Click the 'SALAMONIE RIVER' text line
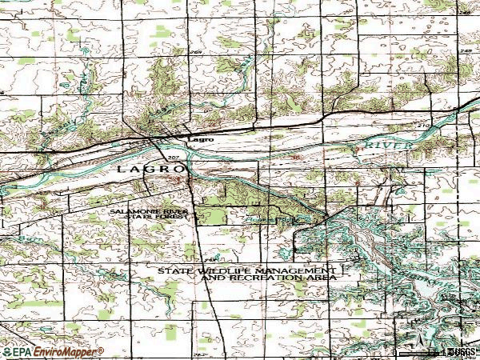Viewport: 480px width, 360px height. (149, 211)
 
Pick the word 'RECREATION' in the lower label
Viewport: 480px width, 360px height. (255, 278)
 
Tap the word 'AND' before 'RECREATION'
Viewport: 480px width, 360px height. (212, 278)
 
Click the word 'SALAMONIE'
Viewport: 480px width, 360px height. (129, 211)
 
